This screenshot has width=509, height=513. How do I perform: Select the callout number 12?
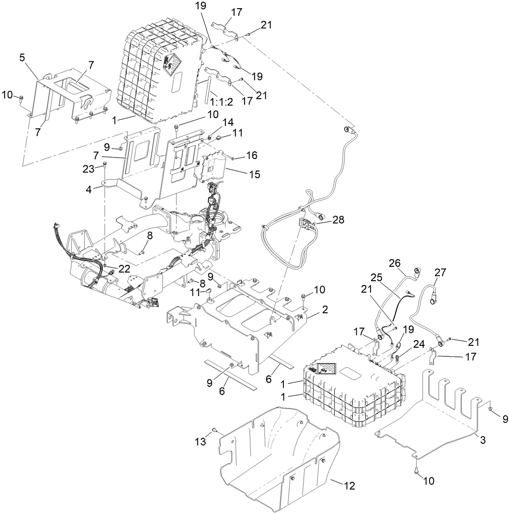(x=350, y=485)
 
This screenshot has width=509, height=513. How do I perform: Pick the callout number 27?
(x=440, y=273)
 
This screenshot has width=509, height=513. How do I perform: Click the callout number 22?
(x=124, y=269)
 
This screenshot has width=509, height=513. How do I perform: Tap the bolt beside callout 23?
(x=104, y=166)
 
